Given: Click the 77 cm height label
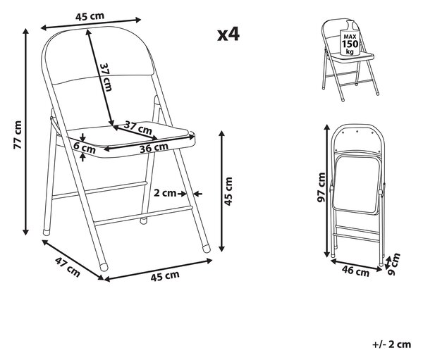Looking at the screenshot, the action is [x=18, y=135].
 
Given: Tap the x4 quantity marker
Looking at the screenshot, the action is [x=228, y=35].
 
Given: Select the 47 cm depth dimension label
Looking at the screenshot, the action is [x=68, y=267].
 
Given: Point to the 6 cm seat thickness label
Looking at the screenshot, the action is [x=85, y=147].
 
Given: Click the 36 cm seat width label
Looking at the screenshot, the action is [x=154, y=147].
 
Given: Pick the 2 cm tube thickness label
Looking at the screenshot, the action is [x=165, y=193].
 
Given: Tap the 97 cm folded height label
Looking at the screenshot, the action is [x=321, y=187].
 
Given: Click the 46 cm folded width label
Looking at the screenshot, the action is [x=355, y=271].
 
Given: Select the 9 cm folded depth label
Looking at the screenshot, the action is [x=393, y=264].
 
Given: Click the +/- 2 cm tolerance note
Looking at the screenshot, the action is [x=392, y=345].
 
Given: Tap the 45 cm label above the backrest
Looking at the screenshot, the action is [x=90, y=16].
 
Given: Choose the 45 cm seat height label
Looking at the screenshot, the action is [x=228, y=191].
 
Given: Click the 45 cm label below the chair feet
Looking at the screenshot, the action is [x=165, y=276].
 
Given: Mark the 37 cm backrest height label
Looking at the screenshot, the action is [x=106, y=77].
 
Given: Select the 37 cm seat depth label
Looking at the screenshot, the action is [x=138, y=128].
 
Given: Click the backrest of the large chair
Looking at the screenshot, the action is [x=98, y=54].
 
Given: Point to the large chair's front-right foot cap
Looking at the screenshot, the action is [x=206, y=249].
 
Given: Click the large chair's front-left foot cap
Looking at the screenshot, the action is [x=104, y=267].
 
